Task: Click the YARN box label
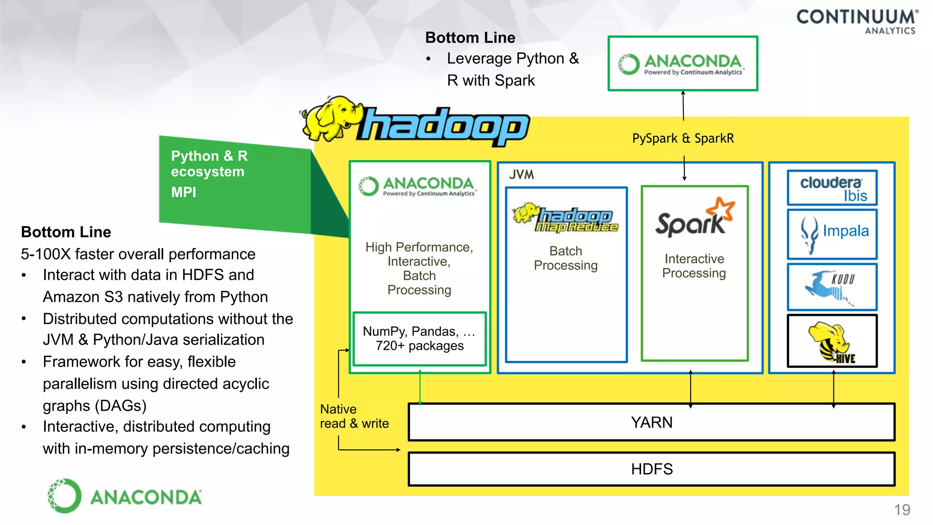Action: click(x=651, y=422)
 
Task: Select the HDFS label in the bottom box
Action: click(x=651, y=469)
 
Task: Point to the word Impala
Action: click(x=846, y=231)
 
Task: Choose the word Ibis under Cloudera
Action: click(x=855, y=196)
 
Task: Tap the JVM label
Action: click(x=522, y=175)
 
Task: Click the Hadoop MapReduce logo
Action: click(x=566, y=218)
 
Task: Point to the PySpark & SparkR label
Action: click(x=683, y=139)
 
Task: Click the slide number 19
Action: click(x=902, y=510)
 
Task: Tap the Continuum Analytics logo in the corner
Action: click(x=857, y=21)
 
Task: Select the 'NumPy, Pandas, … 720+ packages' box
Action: click(x=420, y=339)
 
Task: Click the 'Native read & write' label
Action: click(x=354, y=416)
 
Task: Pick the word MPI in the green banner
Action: click(x=184, y=192)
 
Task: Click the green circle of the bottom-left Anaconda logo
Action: click(x=65, y=496)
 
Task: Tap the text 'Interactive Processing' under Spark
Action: click(x=694, y=266)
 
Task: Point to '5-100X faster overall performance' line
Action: click(x=138, y=254)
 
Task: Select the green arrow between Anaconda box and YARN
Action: click(x=420, y=387)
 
